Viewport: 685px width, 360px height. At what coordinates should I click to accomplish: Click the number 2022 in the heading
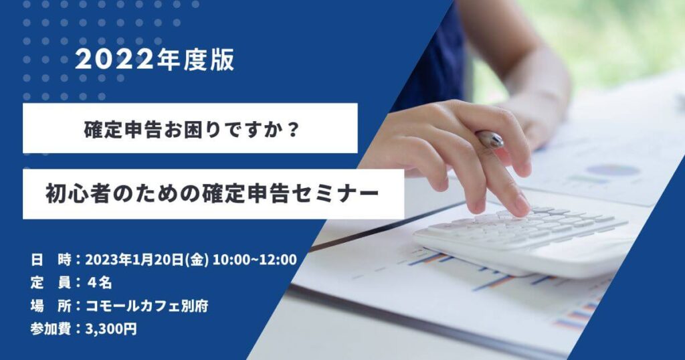[114, 60]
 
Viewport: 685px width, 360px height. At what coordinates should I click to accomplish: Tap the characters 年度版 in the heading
[195, 60]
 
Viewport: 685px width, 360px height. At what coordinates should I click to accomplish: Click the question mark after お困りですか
[294, 129]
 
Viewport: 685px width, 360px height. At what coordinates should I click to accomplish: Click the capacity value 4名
[99, 283]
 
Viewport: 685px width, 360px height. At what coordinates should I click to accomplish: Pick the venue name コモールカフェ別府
[146, 306]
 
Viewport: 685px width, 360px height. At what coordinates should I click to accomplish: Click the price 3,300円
[111, 329]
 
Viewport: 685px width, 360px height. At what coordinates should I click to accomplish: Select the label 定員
[50, 283]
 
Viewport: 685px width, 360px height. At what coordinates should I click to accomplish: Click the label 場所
[50, 306]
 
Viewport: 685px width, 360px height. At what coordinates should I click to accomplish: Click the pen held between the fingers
[489, 139]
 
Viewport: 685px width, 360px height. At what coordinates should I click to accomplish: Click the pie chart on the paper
[611, 170]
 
